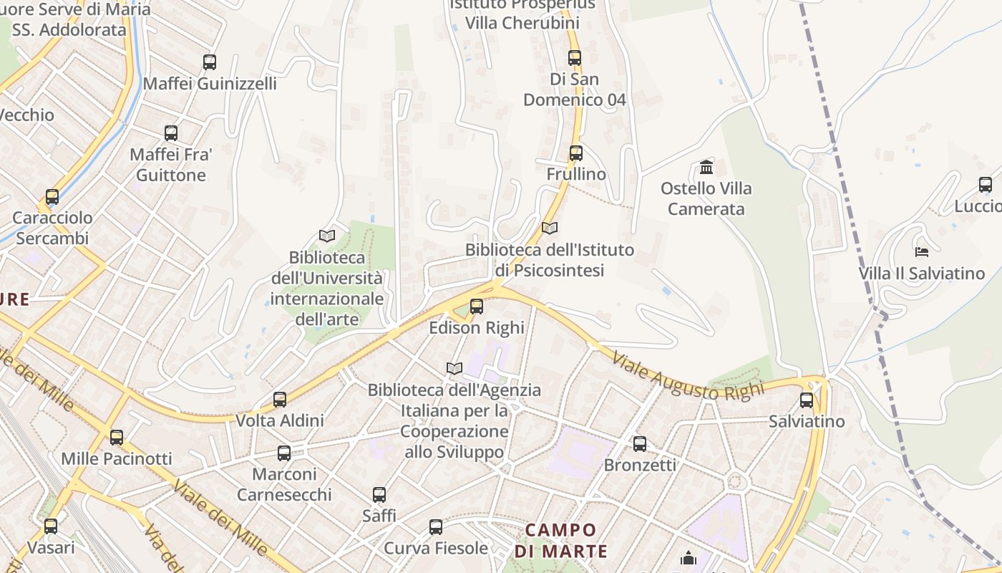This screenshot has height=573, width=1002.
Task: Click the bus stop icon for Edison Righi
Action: pyautogui.click(x=477, y=307)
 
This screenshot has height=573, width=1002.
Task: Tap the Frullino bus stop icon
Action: pyautogui.click(x=576, y=153)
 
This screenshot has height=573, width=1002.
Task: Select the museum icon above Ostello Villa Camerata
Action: pyautogui.click(x=706, y=168)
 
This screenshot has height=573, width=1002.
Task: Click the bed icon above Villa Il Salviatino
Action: pyautogui.click(x=922, y=251)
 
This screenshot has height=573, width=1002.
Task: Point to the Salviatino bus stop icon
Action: pyautogui.click(x=807, y=400)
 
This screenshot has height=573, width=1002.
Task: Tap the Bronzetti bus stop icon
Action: pyautogui.click(x=640, y=444)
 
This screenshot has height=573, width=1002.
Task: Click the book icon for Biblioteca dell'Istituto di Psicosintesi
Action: pyautogui.click(x=550, y=228)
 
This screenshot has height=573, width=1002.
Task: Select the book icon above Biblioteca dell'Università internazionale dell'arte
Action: pyautogui.click(x=327, y=236)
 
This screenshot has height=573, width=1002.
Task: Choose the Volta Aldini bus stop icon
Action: pyautogui.click(x=280, y=399)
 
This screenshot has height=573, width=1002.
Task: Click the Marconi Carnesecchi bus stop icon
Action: pyautogui.click(x=284, y=453)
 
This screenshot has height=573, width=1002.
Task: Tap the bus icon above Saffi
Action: pyautogui.click(x=379, y=494)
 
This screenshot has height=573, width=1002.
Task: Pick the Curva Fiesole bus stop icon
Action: pyautogui.click(x=436, y=527)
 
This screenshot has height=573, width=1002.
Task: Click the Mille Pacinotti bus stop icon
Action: pyautogui.click(x=117, y=437)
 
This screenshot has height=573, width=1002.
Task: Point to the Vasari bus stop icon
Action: pyautogui.click(x=51, y=526)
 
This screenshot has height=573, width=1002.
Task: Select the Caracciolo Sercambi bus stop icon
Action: pyautogui.click(x=52, y=197)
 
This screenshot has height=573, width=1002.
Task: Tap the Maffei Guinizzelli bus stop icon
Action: pyautogui.click(x=210, y=62)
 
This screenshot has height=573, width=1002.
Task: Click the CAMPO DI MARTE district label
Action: pyautogui.click(x=561, y=541)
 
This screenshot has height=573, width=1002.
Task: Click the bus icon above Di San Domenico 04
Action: pyautogui.click(x=575, y=57)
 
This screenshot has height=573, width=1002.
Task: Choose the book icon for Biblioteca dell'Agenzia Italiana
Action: pyautogui.click(x=454, y=368)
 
